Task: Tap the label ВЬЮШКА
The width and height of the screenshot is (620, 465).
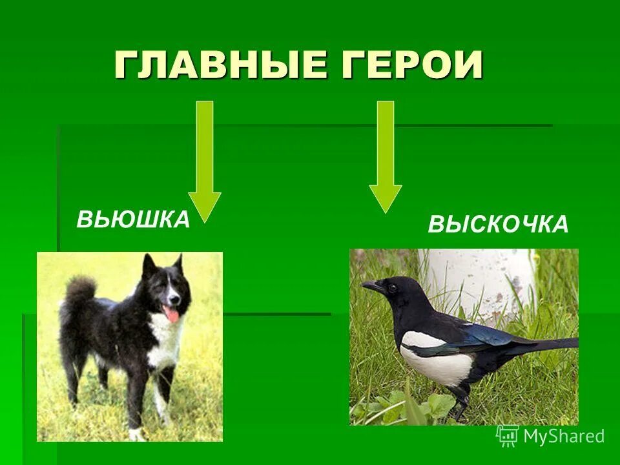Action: [x=133, y=220]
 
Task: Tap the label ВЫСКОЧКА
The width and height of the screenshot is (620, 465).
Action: [x=498, y=225]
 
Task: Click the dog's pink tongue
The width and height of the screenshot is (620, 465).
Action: [x=172, y=314]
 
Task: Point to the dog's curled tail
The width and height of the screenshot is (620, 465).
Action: [x=79, y=291]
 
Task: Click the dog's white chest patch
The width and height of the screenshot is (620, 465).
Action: [x=166, y=342]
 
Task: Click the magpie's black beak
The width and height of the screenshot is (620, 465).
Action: [x=371, y=285]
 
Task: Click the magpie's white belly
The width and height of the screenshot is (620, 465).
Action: [x=434, y=365]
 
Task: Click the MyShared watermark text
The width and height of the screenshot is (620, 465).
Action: [x=564, y=436]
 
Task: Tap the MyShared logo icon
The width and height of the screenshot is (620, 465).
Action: [x=508, y=436]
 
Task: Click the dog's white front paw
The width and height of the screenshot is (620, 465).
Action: [x=136, y=433]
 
